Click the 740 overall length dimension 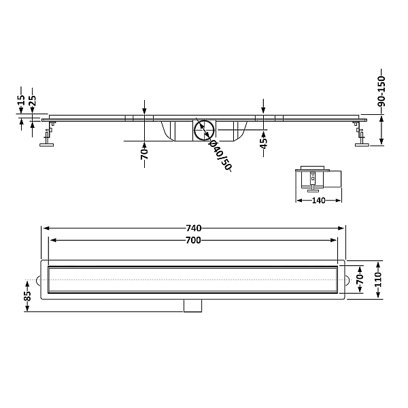tap(194, 228)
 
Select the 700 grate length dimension tap(193, 240)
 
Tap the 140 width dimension tap(318, 201)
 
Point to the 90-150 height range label tap(381, 91)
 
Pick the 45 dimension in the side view tap(264, 143)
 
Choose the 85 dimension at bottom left tap(27, 296)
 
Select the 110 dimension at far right tap(378, 279)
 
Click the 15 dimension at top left tap(21, 100)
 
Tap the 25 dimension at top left tap(32, 101)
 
